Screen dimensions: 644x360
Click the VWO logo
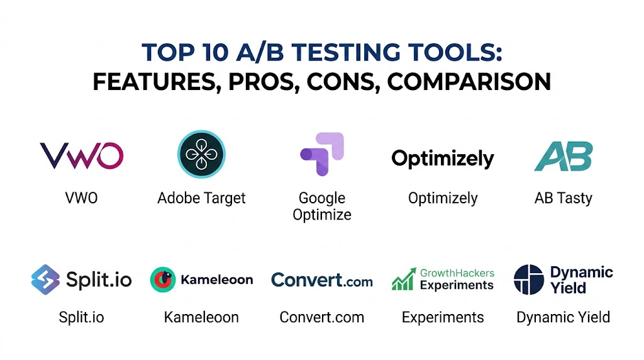pos(81,155)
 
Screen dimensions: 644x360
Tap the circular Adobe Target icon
pos(201,154)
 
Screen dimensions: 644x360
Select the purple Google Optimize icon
pos(322,154)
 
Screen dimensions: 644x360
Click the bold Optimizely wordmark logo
pos(442,159)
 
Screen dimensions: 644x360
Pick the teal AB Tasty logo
pos(563,156)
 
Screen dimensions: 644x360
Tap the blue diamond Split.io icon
pos(45,279)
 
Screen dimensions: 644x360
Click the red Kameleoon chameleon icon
pos(163,279)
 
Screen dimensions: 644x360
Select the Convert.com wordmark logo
pos(322,280)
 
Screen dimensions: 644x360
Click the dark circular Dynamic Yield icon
pos(528,279)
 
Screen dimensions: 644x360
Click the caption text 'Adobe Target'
pos(201,198)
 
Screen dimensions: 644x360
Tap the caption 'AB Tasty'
pos(563,198)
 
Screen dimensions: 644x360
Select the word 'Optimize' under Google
pos(322,215)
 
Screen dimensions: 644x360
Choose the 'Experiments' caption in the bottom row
pos(443,317)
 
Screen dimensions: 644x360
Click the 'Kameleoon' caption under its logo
pos(201,317)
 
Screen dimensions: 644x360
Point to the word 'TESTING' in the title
pos(345,53)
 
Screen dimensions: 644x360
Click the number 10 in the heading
pos(215,53)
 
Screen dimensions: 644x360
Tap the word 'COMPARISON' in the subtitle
pos(469,82)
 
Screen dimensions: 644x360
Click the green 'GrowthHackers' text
pos(457,273)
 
